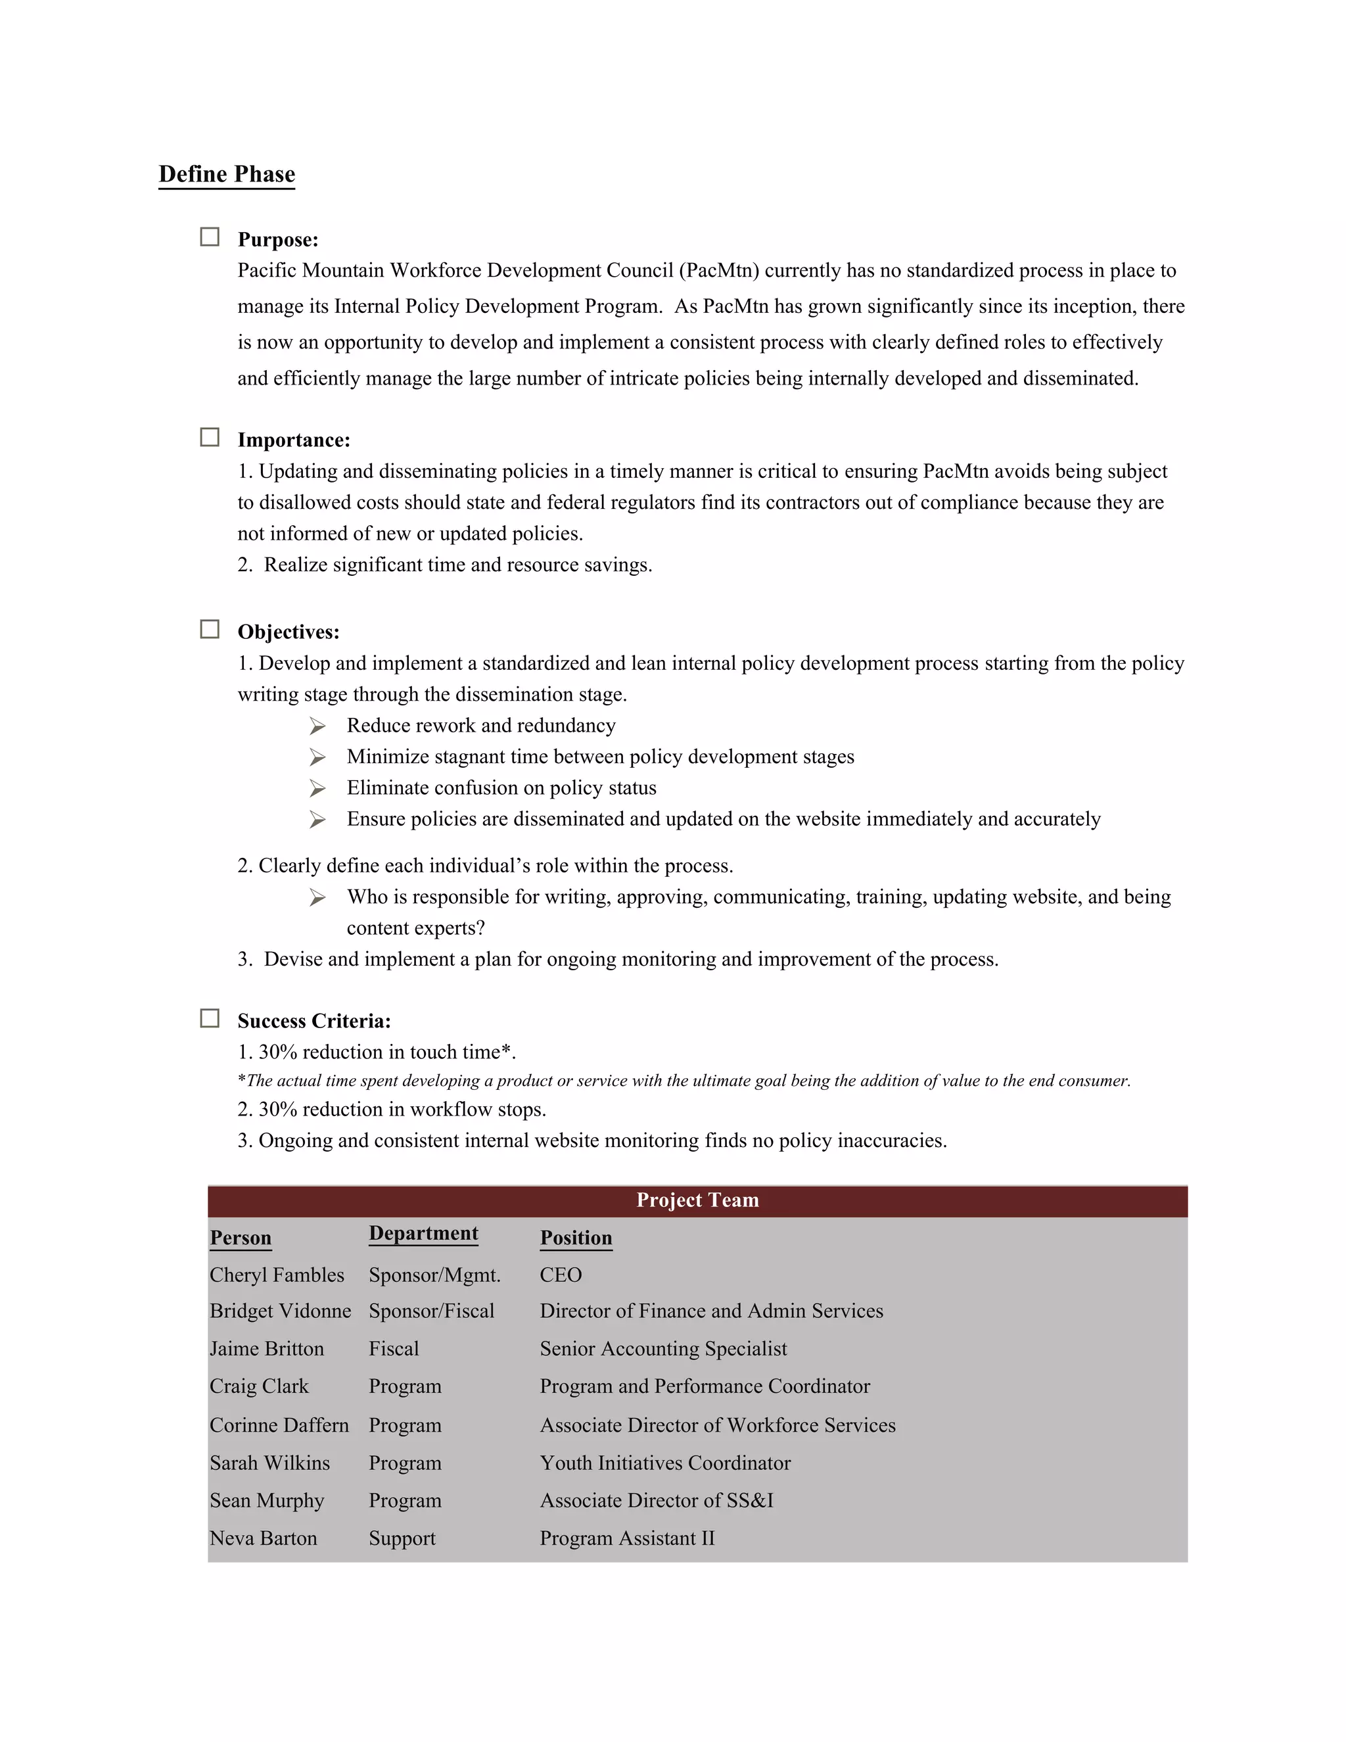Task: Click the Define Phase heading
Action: [x=227, y=174]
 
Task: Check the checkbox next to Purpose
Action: [x=210, y=237]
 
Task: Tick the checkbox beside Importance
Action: [x=210, y=437]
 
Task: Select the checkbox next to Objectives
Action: [x=210, y=629]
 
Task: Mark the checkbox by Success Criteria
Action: [x=210, y=1018]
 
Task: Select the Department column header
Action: [x=423, y=1234]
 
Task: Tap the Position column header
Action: [x=576, y=1238]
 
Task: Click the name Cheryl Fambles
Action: [x=277, y=1275]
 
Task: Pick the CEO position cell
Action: [x=561, y=1275]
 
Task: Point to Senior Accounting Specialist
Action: [x=662, y=1349]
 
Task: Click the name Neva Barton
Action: [x=263, y=1539]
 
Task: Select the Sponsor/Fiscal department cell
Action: [x=431, y=1311]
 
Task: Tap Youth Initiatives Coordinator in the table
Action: [x=665, y=1463]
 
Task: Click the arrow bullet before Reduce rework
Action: [x=317, y=726]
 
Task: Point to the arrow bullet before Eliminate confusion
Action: [x=317, y=789]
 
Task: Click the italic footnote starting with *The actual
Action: [x=684, y=1081]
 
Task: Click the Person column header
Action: [x=240, y=1238]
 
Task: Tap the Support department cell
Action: [x=402, y=1539]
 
